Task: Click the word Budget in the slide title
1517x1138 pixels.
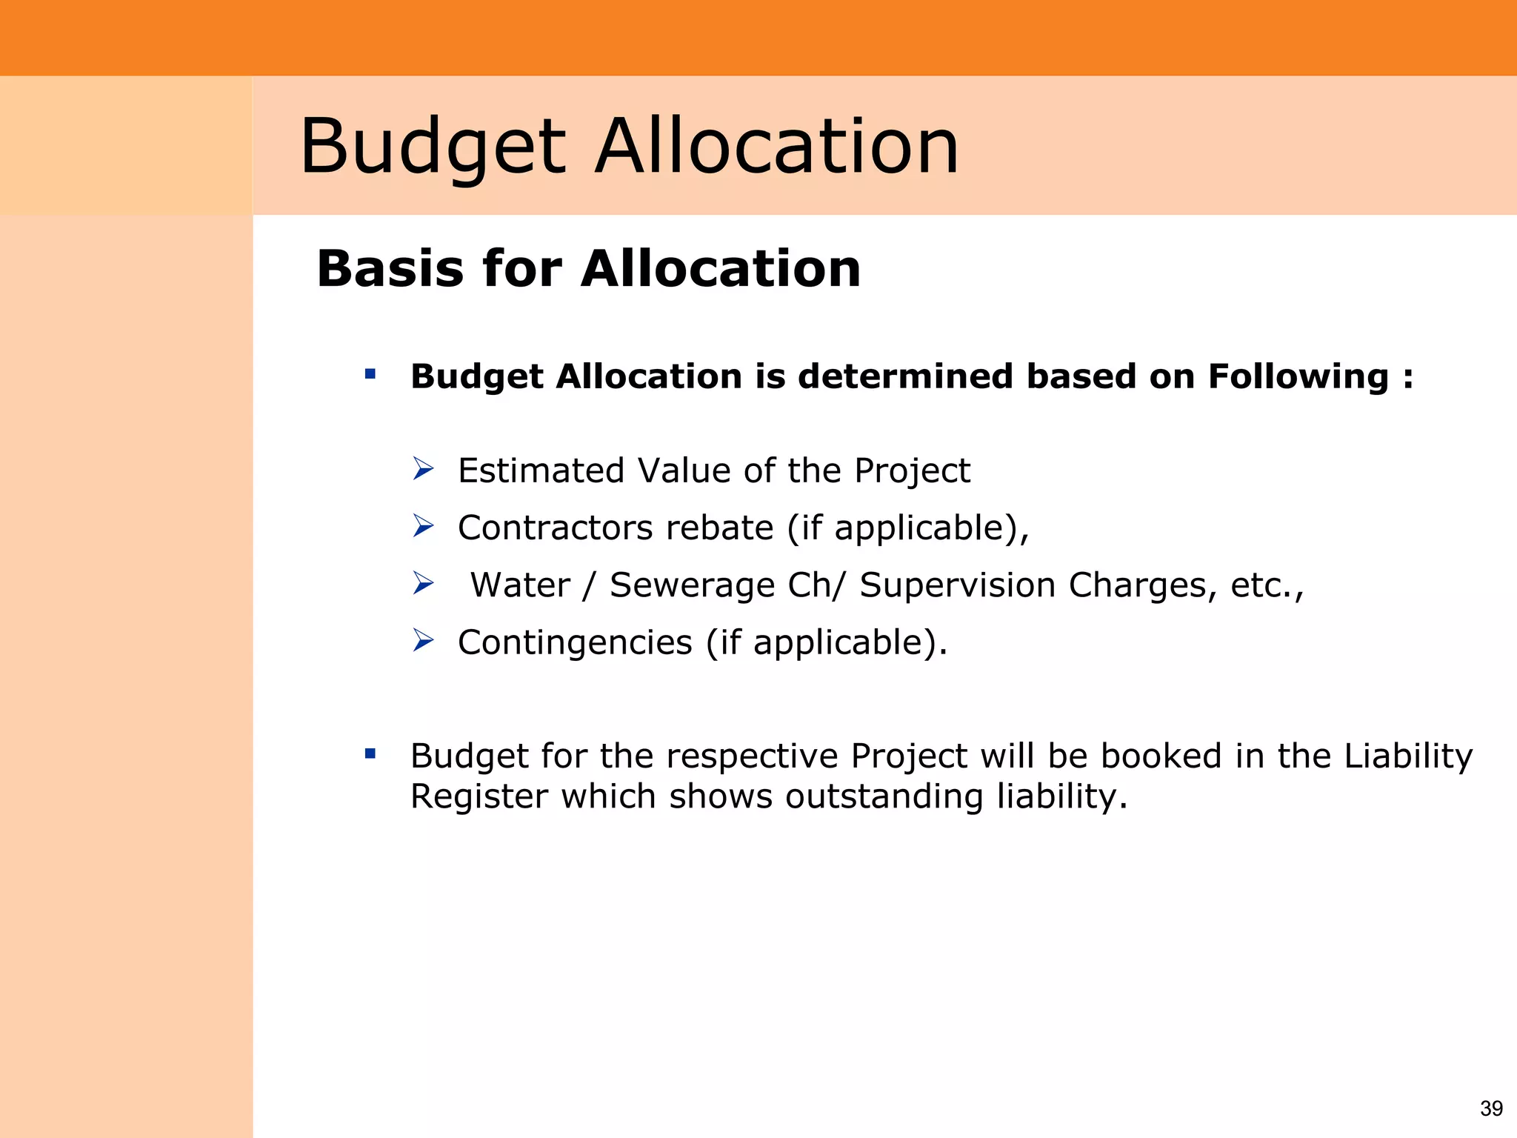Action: (433, 147)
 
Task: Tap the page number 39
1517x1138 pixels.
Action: (1491, 1108)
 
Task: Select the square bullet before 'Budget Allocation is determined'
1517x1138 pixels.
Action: (370, 374)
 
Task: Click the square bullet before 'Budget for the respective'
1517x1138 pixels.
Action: (370, 754)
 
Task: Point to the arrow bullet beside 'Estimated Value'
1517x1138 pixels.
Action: (423, 469)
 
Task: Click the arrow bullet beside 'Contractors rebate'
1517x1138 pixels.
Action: (423, 526)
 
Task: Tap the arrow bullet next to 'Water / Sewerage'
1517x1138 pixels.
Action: (423, 583)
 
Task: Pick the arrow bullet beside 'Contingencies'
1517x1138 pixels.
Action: (423, 640)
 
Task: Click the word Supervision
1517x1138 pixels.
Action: (957, 585)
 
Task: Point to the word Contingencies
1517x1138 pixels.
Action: (575, 642)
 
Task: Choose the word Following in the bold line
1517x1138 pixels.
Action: (1298, 376)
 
